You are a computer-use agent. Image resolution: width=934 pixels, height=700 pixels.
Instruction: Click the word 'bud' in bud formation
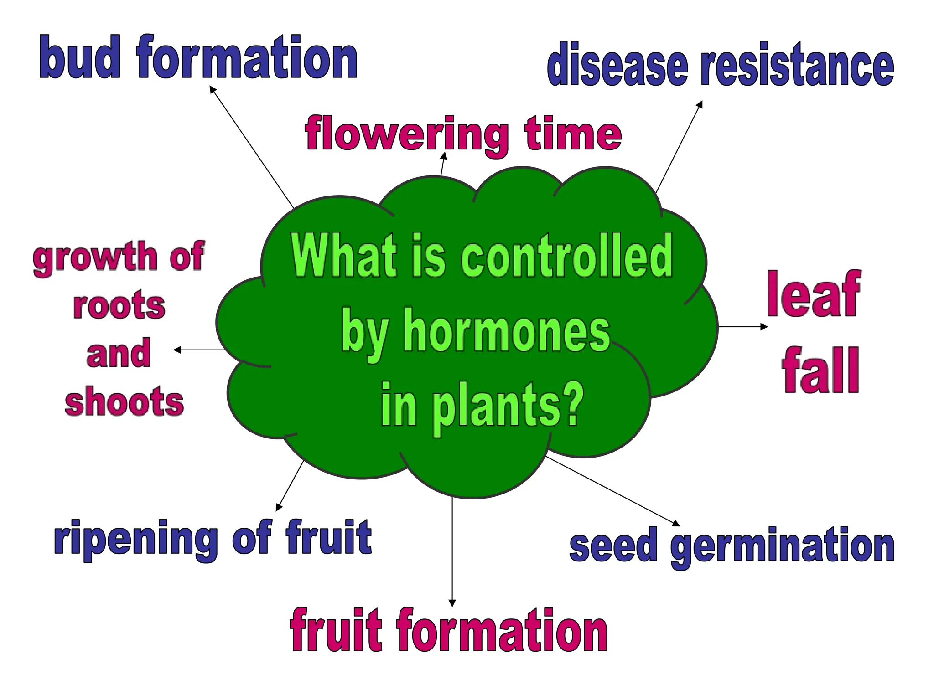click(80, 57)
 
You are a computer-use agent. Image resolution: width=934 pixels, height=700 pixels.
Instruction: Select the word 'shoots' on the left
click(124, 401)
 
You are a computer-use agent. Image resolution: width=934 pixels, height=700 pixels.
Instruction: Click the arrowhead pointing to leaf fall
click(764, 326)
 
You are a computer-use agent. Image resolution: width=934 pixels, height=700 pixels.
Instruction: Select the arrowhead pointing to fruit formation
click(452, 602)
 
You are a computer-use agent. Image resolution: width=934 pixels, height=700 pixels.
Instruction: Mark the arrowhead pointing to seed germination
click(676, 523)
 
